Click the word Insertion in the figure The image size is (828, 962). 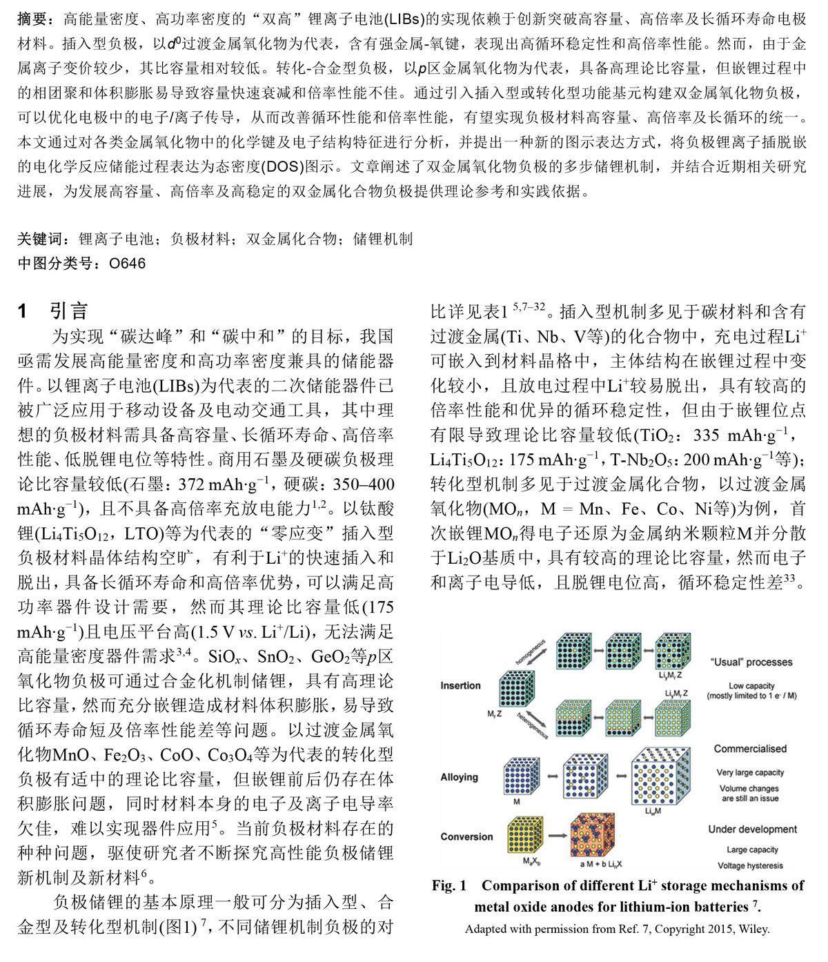point(460,685)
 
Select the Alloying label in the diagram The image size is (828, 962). point(459,777)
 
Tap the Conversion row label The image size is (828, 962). point(466,836)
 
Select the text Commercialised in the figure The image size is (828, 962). point(750,749)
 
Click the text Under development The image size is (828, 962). point(752,830)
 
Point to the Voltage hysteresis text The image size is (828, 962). point(751,865)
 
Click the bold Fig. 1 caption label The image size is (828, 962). point(449,886)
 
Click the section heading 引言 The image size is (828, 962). point(69,311)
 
